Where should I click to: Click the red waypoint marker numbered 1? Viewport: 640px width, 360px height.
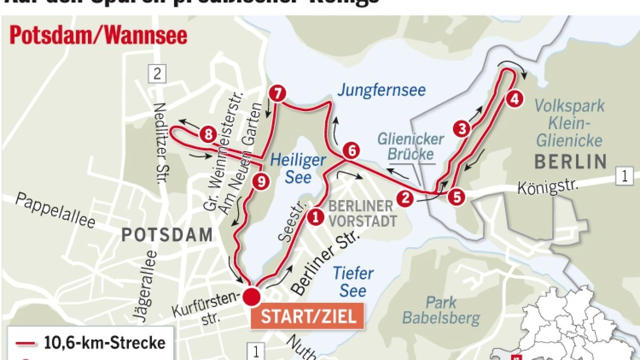(315, 217)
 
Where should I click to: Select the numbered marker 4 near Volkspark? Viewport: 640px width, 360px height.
(514, 99)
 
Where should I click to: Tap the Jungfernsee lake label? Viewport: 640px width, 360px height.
(381, 89)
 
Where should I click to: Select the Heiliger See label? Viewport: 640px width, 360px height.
(297, 167)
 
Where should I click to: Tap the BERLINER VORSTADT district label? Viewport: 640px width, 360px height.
(362, 213)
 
